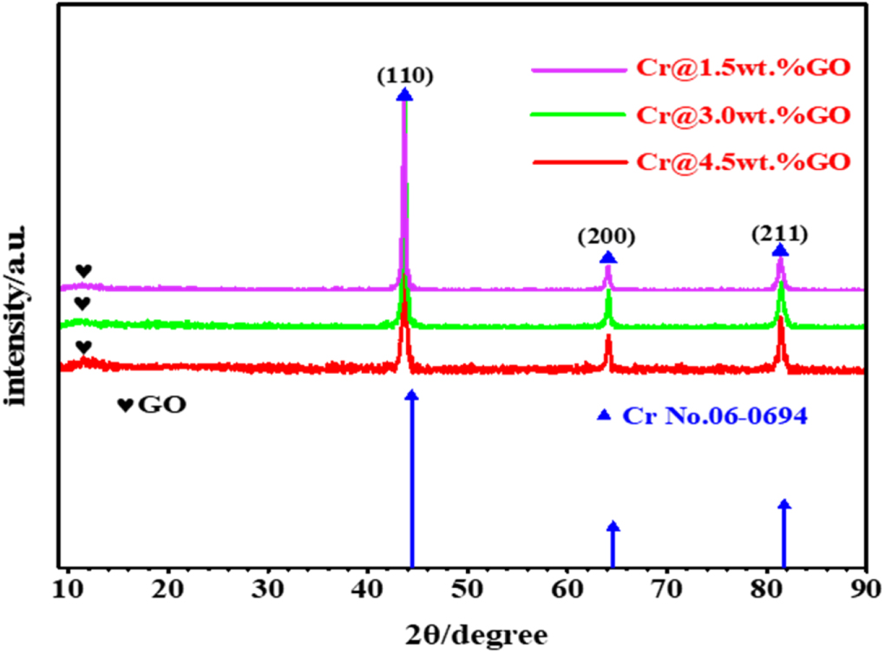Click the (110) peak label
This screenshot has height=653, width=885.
[x=404, y=75]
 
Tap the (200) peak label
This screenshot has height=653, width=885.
[x=607, y=237]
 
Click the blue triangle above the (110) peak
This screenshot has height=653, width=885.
[x=404, y=95]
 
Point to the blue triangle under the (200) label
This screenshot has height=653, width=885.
[x=607, y=258]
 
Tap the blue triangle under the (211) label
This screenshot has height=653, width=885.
[x=780, y=251]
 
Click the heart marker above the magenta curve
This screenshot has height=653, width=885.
[x=83, y=271]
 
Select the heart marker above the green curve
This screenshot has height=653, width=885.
[x=82, y=304]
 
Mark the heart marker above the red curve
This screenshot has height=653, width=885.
[x=83, y=347]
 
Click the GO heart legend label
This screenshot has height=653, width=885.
[x=152, y=405]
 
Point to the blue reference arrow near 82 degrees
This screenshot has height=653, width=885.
[x=784, y=533]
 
